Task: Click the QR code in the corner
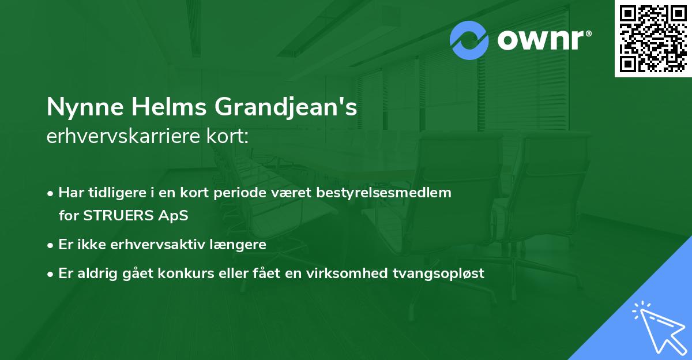click(x=653, y=39)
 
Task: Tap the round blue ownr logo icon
click(x=469, y=40)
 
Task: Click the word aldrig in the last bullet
click(x=97, y=273)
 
